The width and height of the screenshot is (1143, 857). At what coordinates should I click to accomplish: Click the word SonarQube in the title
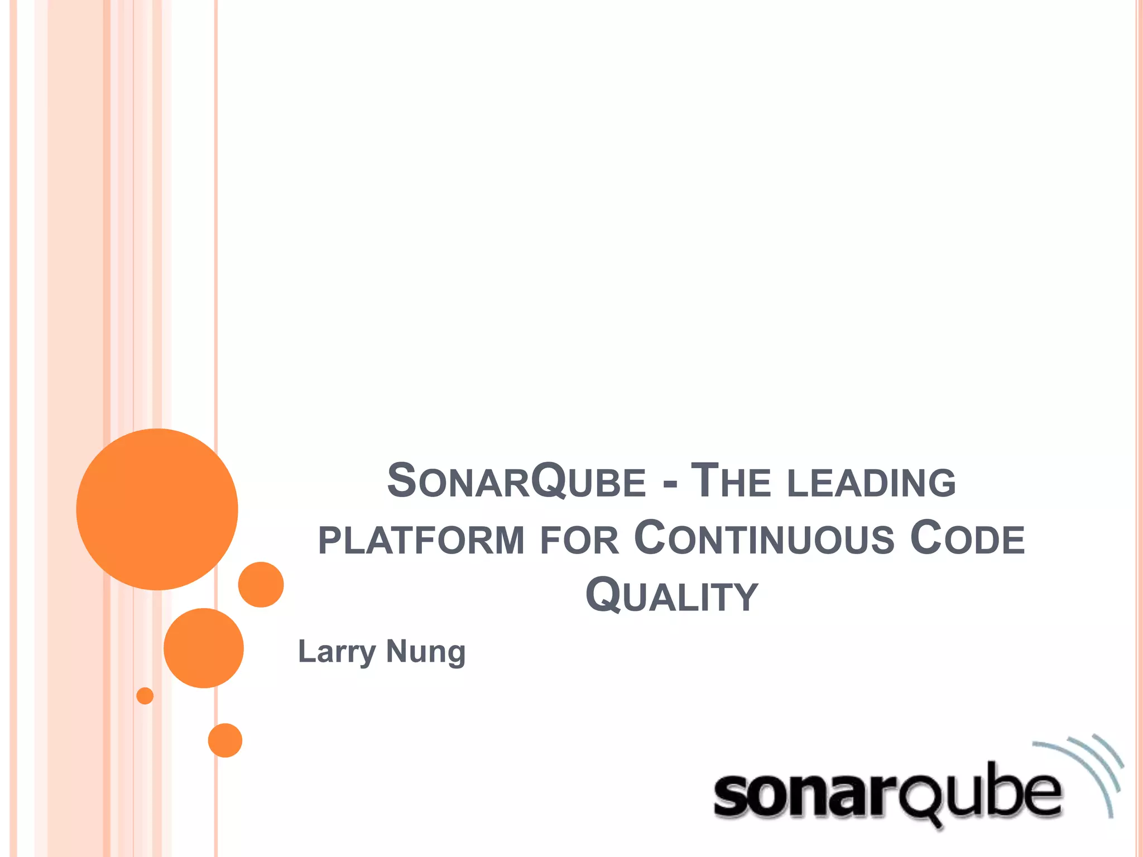pos(516,481)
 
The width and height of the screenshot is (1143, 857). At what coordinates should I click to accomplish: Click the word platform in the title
pos(421,540)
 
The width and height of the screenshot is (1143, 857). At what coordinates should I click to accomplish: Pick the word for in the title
pos(580,540)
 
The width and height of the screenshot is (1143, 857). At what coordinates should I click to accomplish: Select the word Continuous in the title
pos(764,538)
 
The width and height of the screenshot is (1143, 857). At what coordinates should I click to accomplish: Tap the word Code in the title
pos(968,538)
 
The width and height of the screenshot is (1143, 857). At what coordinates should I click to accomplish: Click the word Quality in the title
pos(671,596)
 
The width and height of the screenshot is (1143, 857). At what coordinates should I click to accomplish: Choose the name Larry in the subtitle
pos(337,652)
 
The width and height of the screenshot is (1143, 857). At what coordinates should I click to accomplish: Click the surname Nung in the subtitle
pos(425,652)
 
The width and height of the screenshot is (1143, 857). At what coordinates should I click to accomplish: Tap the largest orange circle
pos(157,509)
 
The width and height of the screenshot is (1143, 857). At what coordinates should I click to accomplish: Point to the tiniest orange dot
pos(145,696)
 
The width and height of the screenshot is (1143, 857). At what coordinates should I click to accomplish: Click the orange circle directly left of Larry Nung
pos(204,648)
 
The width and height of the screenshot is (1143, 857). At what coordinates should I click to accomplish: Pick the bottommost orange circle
pos(225,740)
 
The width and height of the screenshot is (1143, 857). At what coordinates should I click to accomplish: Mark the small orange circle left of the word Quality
pos(261,584)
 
